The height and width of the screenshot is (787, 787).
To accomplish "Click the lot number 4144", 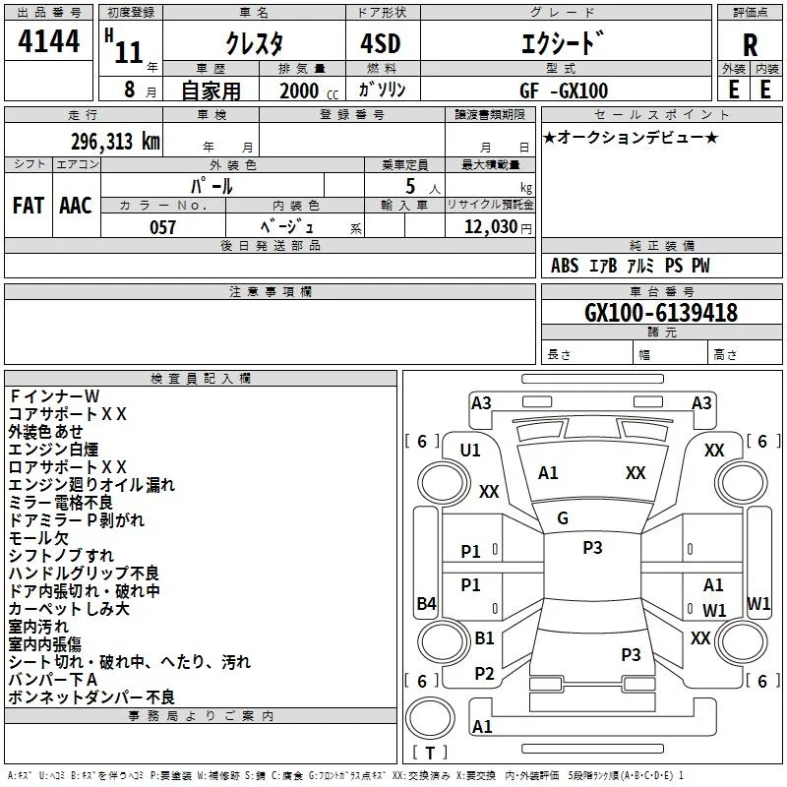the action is (x=48, y=41).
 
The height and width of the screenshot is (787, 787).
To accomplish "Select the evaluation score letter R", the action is (x=750, y=45).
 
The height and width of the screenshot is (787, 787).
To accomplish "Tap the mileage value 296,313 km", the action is (x=115, y=142).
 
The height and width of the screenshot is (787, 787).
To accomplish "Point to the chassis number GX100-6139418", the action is (x=661, y=312).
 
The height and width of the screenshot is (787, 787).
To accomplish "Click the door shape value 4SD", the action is (x=381, y=43).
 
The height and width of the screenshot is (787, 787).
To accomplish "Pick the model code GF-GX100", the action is (x=564, y=91).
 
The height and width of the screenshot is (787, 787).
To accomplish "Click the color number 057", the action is (x=162, y=227).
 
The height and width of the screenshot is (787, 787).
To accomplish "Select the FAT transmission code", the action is (x=29, y=206).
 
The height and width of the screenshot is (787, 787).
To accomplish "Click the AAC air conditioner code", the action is (x=76, y=206).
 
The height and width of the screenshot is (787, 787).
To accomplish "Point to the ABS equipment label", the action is (x=565, y=266).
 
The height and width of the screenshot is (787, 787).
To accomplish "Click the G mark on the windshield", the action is (x=563, y=518).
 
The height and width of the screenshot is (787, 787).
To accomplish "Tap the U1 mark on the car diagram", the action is (x=470, y=451).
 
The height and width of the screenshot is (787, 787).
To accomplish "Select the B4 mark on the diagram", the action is (x=426, y=603).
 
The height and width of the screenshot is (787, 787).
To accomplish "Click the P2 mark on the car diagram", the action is (x=484, y=674).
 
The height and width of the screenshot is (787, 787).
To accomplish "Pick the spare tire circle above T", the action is (x=430, y=718).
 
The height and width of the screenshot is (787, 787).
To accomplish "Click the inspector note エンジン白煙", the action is (x=53, y=450).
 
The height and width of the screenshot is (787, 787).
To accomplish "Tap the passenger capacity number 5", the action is (x=410, y=186).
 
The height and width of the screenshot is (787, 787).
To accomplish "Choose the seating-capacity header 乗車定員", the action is (x=404, y=165).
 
